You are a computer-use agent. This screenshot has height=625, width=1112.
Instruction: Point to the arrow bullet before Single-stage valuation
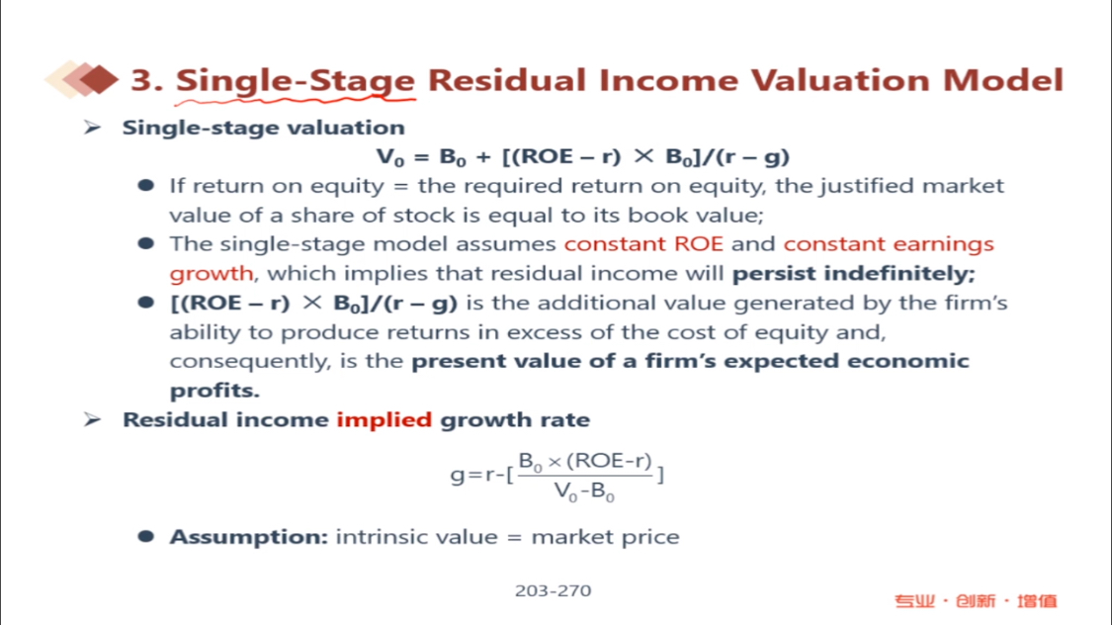[x=92, y=128]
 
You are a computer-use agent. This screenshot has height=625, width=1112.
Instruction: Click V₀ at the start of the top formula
[x=389, y=157]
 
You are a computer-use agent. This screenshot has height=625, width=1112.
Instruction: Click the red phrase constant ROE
[x=643, y=244]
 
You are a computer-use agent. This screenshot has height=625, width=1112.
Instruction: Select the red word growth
[x=212, y=274]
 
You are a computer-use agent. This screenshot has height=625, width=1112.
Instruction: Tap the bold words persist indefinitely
[x=854, y=273]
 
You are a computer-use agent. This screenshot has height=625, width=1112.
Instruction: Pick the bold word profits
[x=214, y=391]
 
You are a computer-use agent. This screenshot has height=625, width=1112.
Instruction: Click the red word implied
[x=384, y=420]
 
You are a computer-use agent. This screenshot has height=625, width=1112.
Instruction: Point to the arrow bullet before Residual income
[x=92, y=419]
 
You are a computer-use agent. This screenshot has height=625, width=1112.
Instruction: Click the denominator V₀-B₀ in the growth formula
[x=584, y=491]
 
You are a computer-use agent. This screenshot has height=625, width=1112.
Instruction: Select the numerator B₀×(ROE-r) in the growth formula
[x=585, y=461]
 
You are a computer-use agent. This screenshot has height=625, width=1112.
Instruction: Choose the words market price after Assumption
[x=605, y=537]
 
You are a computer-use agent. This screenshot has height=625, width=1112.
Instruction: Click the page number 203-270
[x=554, y=590]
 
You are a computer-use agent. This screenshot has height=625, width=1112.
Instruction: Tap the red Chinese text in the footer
[x=976, y=601]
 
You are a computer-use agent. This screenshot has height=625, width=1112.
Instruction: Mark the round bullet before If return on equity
[x=146, y=186]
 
